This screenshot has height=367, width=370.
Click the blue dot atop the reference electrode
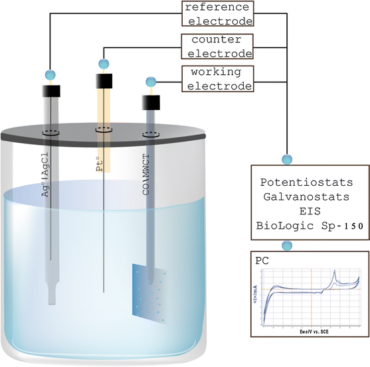(x=49, y=74)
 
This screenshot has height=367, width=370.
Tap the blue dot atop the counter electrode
(x=104, y=64)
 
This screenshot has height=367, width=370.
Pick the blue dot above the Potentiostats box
(x=287, y=159)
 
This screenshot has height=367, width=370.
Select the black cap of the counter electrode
(x=104, y=80)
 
